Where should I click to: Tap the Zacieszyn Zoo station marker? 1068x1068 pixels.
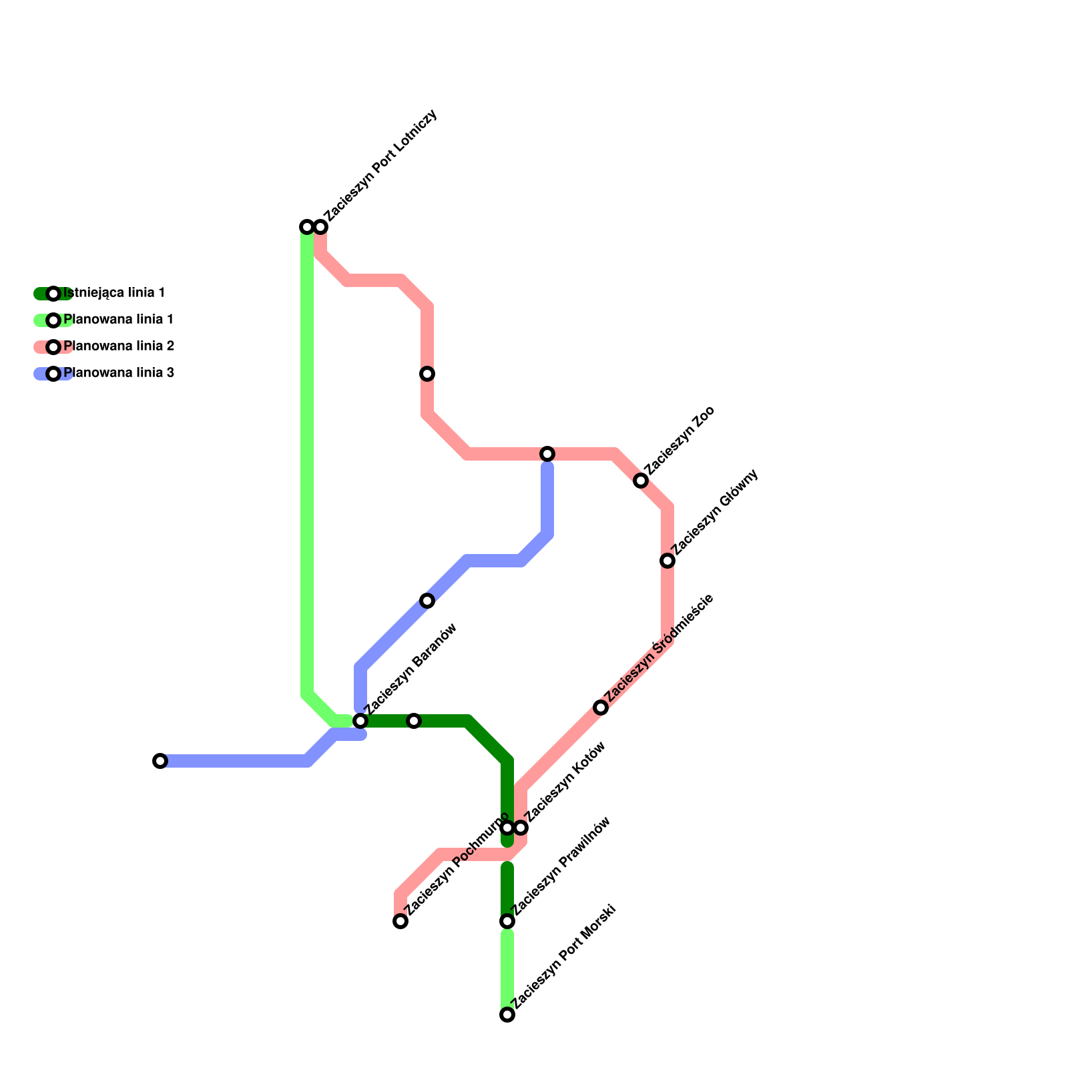(x=641, y=481)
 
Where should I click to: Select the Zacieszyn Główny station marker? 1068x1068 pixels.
(x=667, y=561)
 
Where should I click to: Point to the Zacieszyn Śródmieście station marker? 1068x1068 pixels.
(x=601, y=708)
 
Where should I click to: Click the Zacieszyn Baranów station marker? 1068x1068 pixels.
(x=360, y=721)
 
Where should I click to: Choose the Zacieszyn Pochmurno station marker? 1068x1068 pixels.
(x=400, y=921)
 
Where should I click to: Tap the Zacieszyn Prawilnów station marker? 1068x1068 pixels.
(x=507, y=921)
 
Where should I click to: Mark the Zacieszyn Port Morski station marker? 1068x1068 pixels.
(x=507, y=1015)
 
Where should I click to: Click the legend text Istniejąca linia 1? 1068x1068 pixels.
(x=114, y=293)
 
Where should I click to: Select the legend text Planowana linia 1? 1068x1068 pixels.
(x=118, y=320)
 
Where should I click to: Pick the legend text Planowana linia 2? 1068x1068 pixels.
(x=119, y=346)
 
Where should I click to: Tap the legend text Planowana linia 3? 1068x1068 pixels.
(x=119, y=373)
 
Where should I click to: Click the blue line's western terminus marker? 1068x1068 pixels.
(x=160, y=761)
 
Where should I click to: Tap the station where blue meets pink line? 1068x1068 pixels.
(x=547, y=454)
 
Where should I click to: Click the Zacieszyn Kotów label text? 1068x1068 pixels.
(x=565, y=781)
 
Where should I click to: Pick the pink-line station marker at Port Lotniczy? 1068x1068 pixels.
(x=320, y=227)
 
